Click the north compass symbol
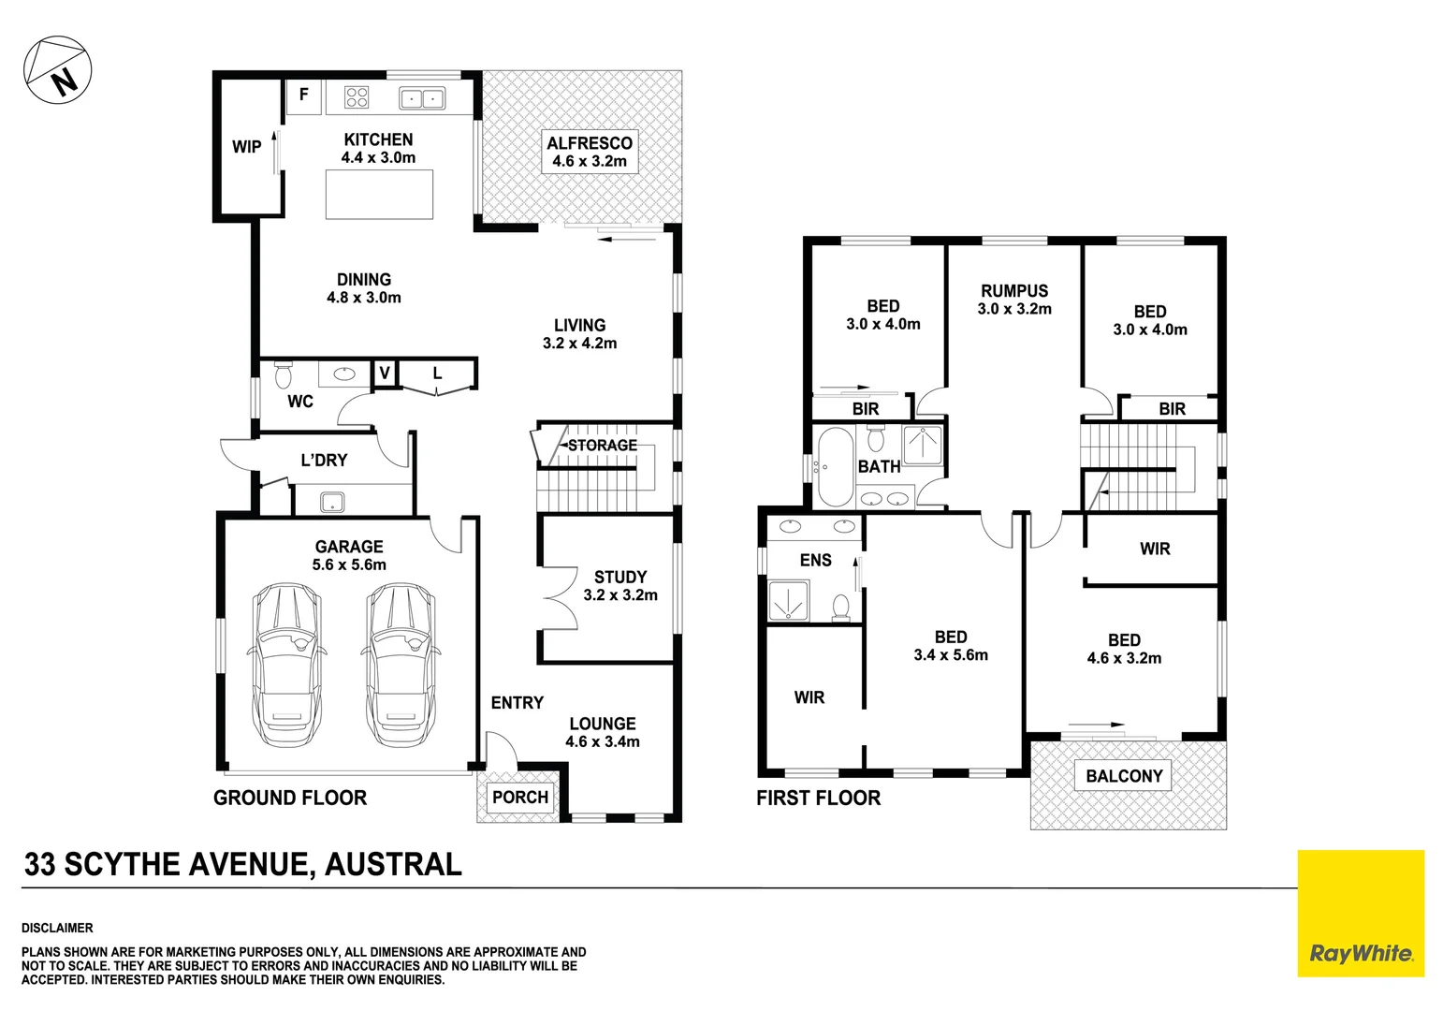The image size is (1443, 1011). coord(57,71)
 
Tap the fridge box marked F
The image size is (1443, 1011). coord(303,95)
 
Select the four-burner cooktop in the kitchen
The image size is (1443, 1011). coord(357,96)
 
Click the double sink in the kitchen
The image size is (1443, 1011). coord(421,97)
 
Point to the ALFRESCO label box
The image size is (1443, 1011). coord(590,152)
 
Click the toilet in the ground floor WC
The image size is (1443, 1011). coord(283,376)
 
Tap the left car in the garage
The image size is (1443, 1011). coord(286,665)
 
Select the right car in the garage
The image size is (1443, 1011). coord(401,665)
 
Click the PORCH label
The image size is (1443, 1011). coord(520,798)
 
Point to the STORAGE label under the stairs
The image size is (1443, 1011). coord(602,446)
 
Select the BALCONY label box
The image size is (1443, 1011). coord(1123,776)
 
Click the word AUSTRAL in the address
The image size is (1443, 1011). coord(393,864)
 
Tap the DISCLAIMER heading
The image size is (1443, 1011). coord(57,928)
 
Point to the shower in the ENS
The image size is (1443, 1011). coord(788,601)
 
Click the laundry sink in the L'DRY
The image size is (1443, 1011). coord(332,502)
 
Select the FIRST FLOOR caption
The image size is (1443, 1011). coord(818,799)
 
